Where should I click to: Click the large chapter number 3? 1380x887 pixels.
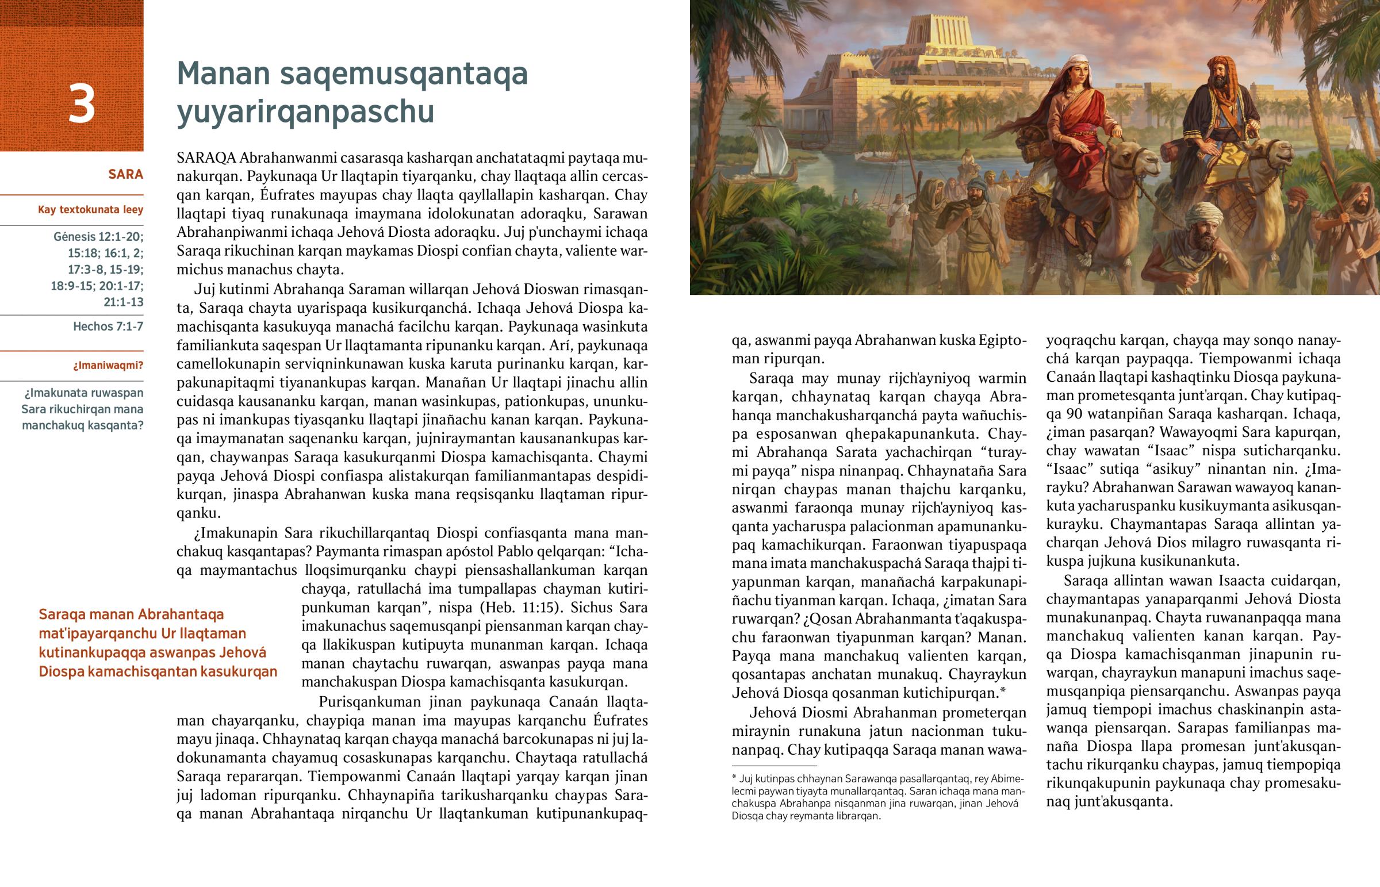point(81,104)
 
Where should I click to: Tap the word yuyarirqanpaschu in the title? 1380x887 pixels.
point(305,112)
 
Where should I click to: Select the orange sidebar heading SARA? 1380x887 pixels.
point(125,174)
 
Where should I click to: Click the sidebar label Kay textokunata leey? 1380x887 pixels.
point(90,210)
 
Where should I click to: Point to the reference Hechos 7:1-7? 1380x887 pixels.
point(108,327)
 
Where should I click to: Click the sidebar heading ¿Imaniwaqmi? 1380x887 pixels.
point(108,366)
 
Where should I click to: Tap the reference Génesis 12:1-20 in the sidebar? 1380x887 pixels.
point(98,237)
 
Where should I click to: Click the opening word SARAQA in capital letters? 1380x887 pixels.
point(206,158)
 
